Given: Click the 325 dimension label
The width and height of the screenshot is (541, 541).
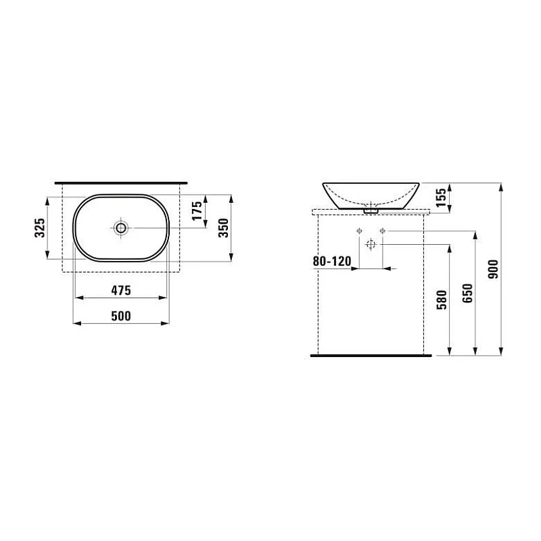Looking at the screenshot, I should [40, 227].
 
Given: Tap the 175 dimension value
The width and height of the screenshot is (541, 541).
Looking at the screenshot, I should [197, 210].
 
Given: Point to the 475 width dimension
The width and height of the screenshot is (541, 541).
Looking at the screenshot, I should [120, 290].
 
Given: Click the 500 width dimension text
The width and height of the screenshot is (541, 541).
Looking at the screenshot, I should [120, 316].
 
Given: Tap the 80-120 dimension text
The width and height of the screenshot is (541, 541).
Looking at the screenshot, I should [331, 260].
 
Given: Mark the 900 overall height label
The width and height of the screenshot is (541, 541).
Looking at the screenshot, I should [492, 268].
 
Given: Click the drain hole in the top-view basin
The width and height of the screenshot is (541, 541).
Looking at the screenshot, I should [121, 228].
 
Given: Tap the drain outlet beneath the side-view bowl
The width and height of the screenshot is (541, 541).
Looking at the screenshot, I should [370, 210].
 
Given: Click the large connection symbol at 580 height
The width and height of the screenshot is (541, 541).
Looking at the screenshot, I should [370, 244].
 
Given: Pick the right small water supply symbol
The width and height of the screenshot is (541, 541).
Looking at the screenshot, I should [383, 232].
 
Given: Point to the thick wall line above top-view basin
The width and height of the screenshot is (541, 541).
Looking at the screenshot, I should [120, 183].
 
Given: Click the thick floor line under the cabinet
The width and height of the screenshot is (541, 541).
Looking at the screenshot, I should [371, 354].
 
